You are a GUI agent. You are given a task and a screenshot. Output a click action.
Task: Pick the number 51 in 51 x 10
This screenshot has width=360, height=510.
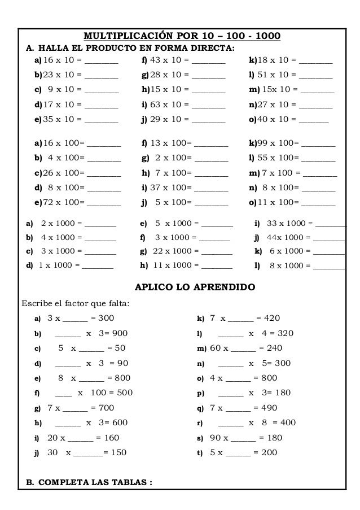[262, 74]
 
